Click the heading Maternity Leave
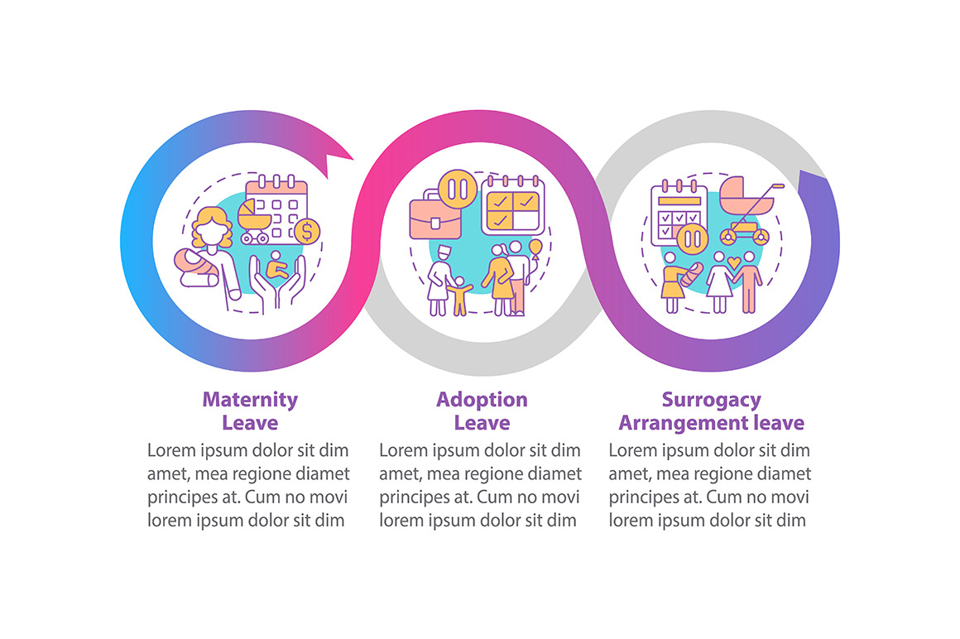(x=250, y=411)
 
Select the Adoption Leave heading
(x=482, y=411)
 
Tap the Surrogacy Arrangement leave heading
(x=711, y=411)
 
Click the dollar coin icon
(x=308, y=232)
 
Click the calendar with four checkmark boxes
(x=513, y=204)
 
